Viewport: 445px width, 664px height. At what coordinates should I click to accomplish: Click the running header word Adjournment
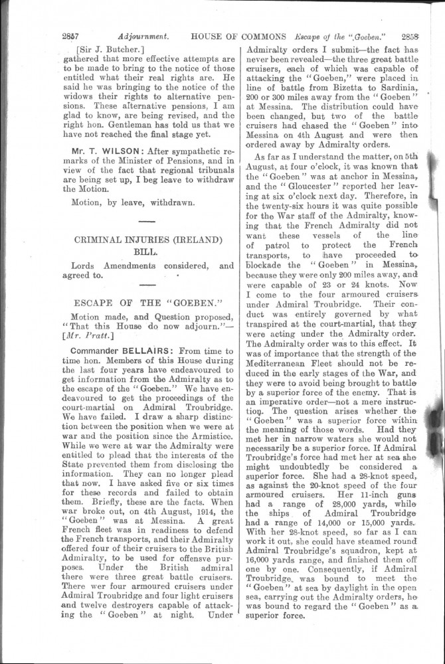click(x=143, y=37)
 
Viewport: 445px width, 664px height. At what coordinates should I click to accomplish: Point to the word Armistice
click(x=210, y=467)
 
